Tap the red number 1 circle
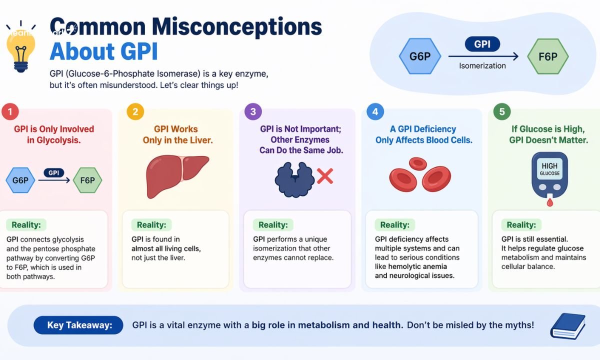point(9,111)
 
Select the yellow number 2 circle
point(134,111)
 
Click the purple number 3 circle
point(253,111)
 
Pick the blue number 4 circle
point(375,111)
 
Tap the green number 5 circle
point(501,111)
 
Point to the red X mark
point(325,176)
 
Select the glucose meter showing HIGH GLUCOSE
point(550,176)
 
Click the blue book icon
point(567,326)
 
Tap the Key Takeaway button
point(79,325)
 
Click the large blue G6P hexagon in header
point(420,56)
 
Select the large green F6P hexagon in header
point(547,56)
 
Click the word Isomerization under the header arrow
point(482,65)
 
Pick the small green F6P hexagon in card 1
point(87,180)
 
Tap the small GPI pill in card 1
point(53,172)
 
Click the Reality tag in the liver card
point(151,225)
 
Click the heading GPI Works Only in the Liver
point(177,134)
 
